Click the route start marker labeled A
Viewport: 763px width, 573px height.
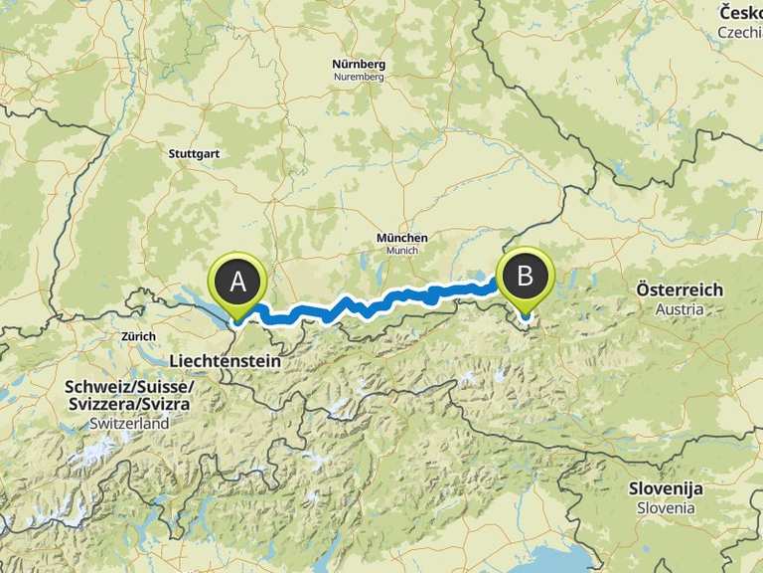coord(238,282)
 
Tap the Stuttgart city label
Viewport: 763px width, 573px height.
coord(194,154)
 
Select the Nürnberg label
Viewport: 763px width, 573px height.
coord(359,65)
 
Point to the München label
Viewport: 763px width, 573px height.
coord(402,238)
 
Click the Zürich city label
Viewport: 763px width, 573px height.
coord(138,336)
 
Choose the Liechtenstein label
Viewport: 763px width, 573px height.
coord(225,362)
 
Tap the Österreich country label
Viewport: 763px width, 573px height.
coord(681,289)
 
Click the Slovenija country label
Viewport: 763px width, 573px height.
coord(666,488)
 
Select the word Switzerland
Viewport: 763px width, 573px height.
coord(130,423)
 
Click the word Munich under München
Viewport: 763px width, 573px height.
coord(402,250)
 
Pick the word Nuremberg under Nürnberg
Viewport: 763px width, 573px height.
coord(359,77)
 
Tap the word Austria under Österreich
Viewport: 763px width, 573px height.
coord(681,308)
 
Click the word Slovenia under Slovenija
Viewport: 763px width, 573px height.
coord(666,507)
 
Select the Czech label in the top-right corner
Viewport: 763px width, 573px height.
coord(740,33)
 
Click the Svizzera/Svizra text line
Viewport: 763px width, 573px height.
coord(130,405)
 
